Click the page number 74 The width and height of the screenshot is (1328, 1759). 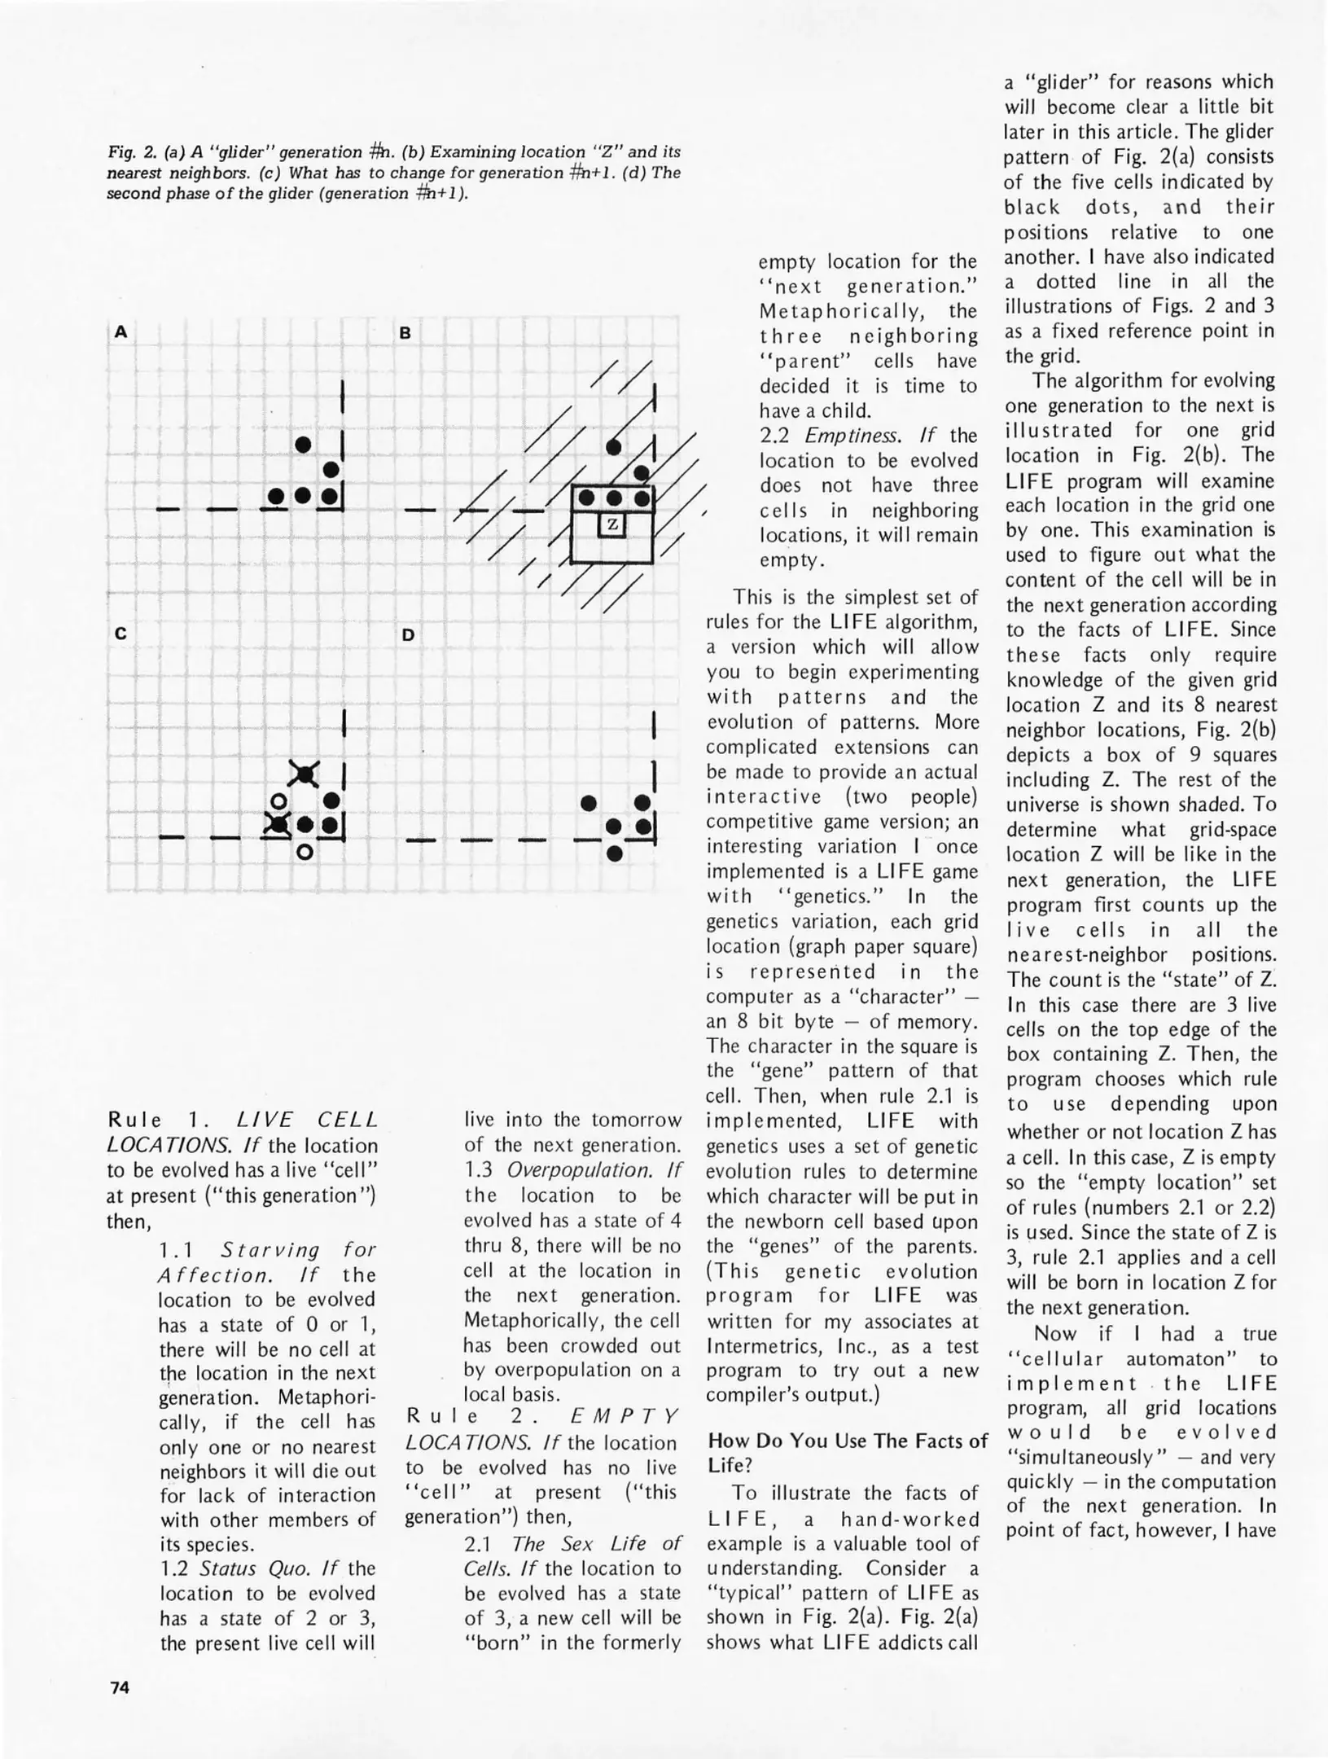119,1687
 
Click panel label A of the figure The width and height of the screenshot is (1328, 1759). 121,331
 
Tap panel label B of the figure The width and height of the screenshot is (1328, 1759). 405,333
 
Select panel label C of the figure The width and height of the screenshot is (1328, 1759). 121,634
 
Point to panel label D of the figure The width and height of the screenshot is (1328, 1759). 408,634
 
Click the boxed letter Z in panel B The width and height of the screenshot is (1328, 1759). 612,525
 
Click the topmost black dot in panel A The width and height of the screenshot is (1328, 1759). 303,445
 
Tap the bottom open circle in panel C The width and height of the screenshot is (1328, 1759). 305,853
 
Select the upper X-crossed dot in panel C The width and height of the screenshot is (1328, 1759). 304,774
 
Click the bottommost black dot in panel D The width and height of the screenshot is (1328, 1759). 616,854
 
